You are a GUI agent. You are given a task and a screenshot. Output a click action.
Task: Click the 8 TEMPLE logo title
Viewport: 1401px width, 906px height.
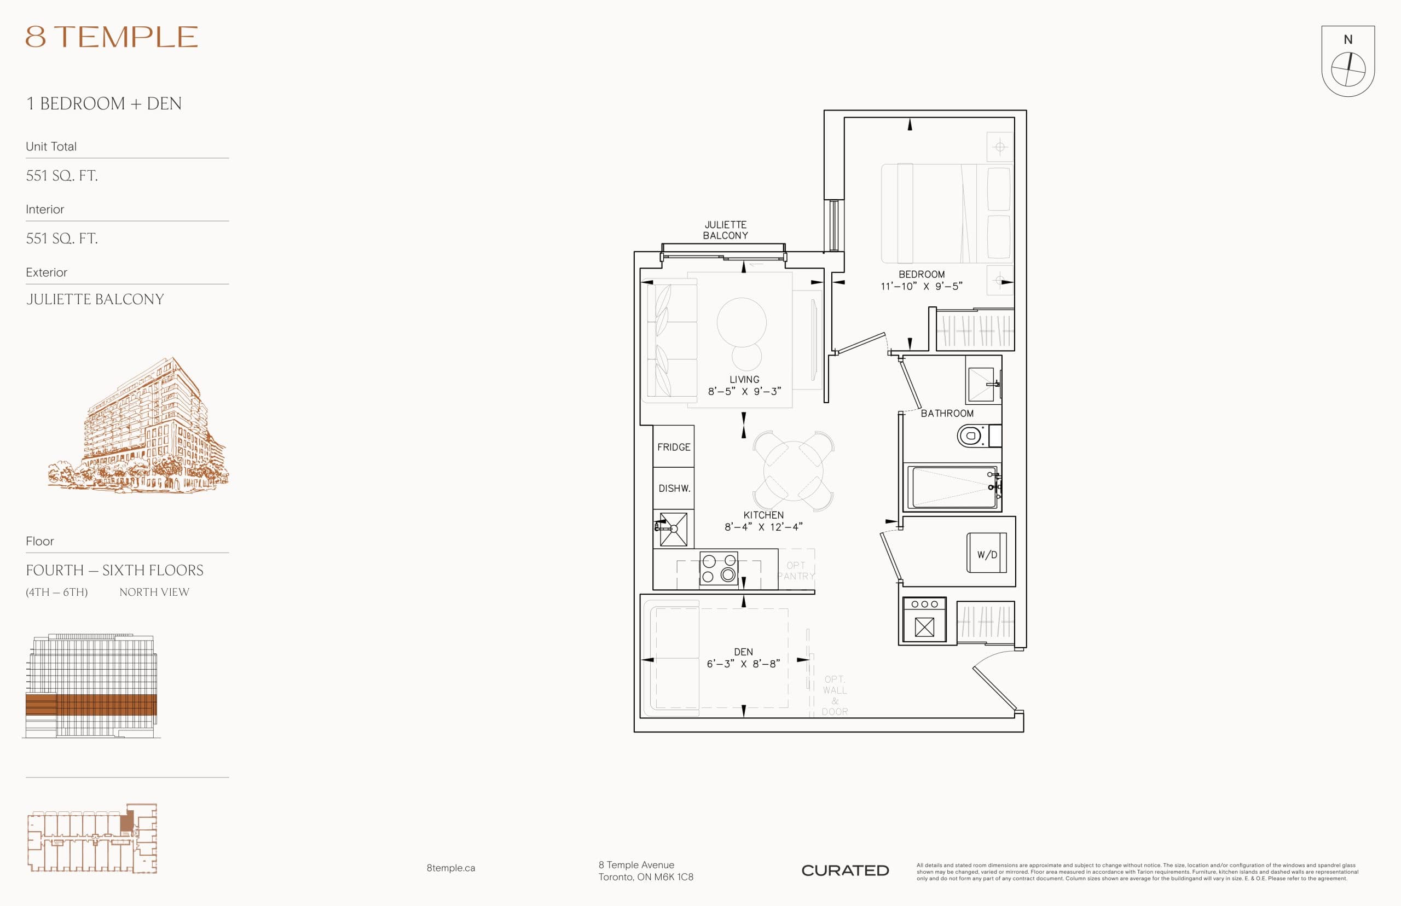(112, 37)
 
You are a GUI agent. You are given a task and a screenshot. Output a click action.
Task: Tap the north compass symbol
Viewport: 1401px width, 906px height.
(1347, 69)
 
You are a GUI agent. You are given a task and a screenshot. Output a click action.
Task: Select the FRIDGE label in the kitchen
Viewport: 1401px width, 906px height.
(674, 447)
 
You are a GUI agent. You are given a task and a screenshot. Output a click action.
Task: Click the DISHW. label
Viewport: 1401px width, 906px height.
(674, 489)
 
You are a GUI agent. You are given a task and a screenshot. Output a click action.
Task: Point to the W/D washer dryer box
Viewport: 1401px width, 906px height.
(987, 553)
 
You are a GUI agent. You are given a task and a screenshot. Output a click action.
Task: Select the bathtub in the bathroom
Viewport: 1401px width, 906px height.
(952, 487)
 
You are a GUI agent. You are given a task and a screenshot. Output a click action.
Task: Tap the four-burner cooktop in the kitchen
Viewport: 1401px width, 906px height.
(719, 568)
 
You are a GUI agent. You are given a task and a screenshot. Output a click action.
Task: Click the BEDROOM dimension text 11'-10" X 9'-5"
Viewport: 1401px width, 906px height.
(922, 287)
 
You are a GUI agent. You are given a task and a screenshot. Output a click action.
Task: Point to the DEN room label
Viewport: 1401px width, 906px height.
(743, 652)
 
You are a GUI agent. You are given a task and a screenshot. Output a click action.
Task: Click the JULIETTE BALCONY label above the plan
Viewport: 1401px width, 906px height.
(726, 230)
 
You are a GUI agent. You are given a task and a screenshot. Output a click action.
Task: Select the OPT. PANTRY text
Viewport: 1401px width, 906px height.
(796, 571)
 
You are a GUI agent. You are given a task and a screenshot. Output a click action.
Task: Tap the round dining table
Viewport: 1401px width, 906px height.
(793, 471)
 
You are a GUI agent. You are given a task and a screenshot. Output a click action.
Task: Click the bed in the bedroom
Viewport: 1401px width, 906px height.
(946, 213)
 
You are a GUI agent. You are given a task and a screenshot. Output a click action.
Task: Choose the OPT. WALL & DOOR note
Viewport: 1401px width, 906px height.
(835, 695)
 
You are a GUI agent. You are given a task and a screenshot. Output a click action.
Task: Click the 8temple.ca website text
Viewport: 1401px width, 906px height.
(451, 868)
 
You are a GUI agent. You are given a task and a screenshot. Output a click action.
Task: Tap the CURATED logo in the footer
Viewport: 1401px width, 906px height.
(845, 870)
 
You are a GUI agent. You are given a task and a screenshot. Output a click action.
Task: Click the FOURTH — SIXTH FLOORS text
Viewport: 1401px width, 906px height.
(115, 570)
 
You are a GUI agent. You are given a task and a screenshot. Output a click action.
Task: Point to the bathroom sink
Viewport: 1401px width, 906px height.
(981, 384)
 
